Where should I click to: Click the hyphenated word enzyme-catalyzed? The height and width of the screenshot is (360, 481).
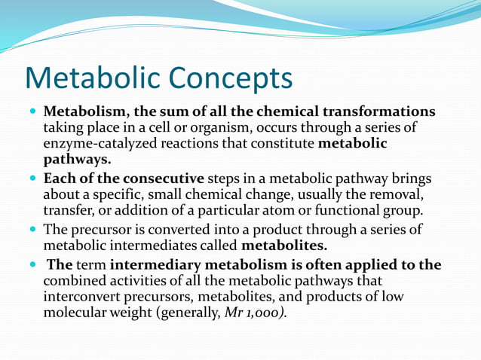(96, 144)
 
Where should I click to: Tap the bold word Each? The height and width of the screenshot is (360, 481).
(58, 179)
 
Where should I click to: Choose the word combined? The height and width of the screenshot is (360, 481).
(74, 281)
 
